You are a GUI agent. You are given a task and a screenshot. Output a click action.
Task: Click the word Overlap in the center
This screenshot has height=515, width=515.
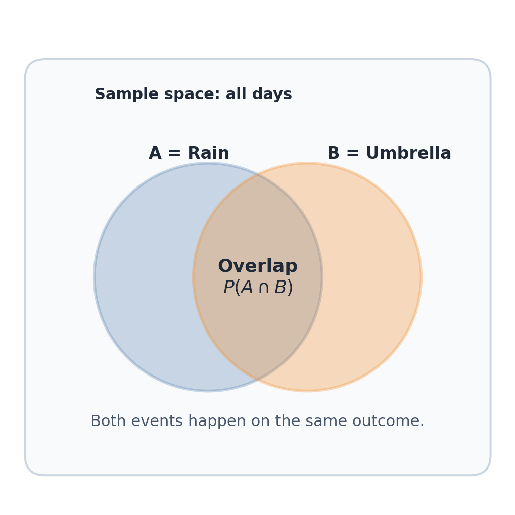click(x=258, y=266)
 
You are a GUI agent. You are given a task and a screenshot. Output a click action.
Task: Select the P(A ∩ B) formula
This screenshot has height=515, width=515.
click(x=258, y=288)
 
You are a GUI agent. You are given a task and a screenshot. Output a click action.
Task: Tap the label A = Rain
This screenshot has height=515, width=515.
click(x=189, y=153)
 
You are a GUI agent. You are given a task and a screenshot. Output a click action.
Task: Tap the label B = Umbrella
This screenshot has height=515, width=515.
click(x=389, y=153)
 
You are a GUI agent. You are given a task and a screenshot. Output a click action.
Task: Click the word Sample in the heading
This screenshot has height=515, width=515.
click(x=122, y=95)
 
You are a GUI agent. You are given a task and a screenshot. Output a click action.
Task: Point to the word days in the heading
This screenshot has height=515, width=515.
click(x=273, y=95)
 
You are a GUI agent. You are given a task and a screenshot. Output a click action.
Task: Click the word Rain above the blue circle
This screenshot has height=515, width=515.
click(x=208, y=153)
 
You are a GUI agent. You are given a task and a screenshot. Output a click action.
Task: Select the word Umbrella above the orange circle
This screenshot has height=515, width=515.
click(x=408, y=153)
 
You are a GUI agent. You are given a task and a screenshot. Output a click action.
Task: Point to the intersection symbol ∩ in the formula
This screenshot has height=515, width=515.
click(x=263, y=288)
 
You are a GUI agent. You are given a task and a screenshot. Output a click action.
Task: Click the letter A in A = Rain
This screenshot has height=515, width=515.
click(x=155, y=153)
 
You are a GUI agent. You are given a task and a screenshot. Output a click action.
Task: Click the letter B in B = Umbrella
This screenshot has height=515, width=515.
click(x=333, y=153)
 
